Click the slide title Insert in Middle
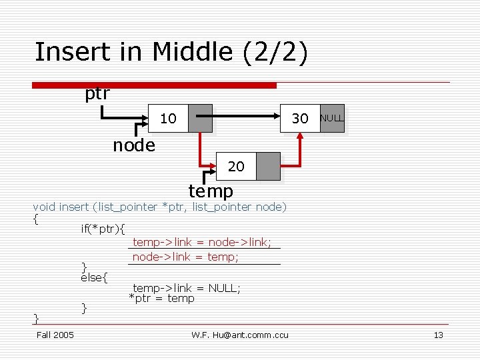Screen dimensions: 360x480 (171, 52)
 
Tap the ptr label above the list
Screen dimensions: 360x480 (97, 94)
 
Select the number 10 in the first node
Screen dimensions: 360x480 (169, 119)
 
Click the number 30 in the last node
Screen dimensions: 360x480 (301, 119)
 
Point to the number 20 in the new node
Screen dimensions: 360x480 (236, 167)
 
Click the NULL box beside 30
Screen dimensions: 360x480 (332, 118)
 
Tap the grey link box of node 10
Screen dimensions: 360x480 (200, 119)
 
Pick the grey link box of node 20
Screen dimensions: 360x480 (268, 167)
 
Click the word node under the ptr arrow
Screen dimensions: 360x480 (133, 145)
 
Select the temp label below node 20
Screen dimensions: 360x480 (211, 191)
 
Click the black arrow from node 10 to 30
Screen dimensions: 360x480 (247, 119)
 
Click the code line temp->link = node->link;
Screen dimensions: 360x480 (202, 243)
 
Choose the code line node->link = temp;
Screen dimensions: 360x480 (186, 257)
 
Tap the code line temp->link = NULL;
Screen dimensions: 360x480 (187, 288)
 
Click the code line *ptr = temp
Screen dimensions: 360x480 (162, 298)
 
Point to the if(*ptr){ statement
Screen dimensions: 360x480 (103, 229)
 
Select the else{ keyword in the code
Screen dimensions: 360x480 (94, 277)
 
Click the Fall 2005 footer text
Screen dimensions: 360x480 (55, 334)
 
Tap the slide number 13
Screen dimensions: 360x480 (438, 335)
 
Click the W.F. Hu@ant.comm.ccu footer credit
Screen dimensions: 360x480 (240, 335)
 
